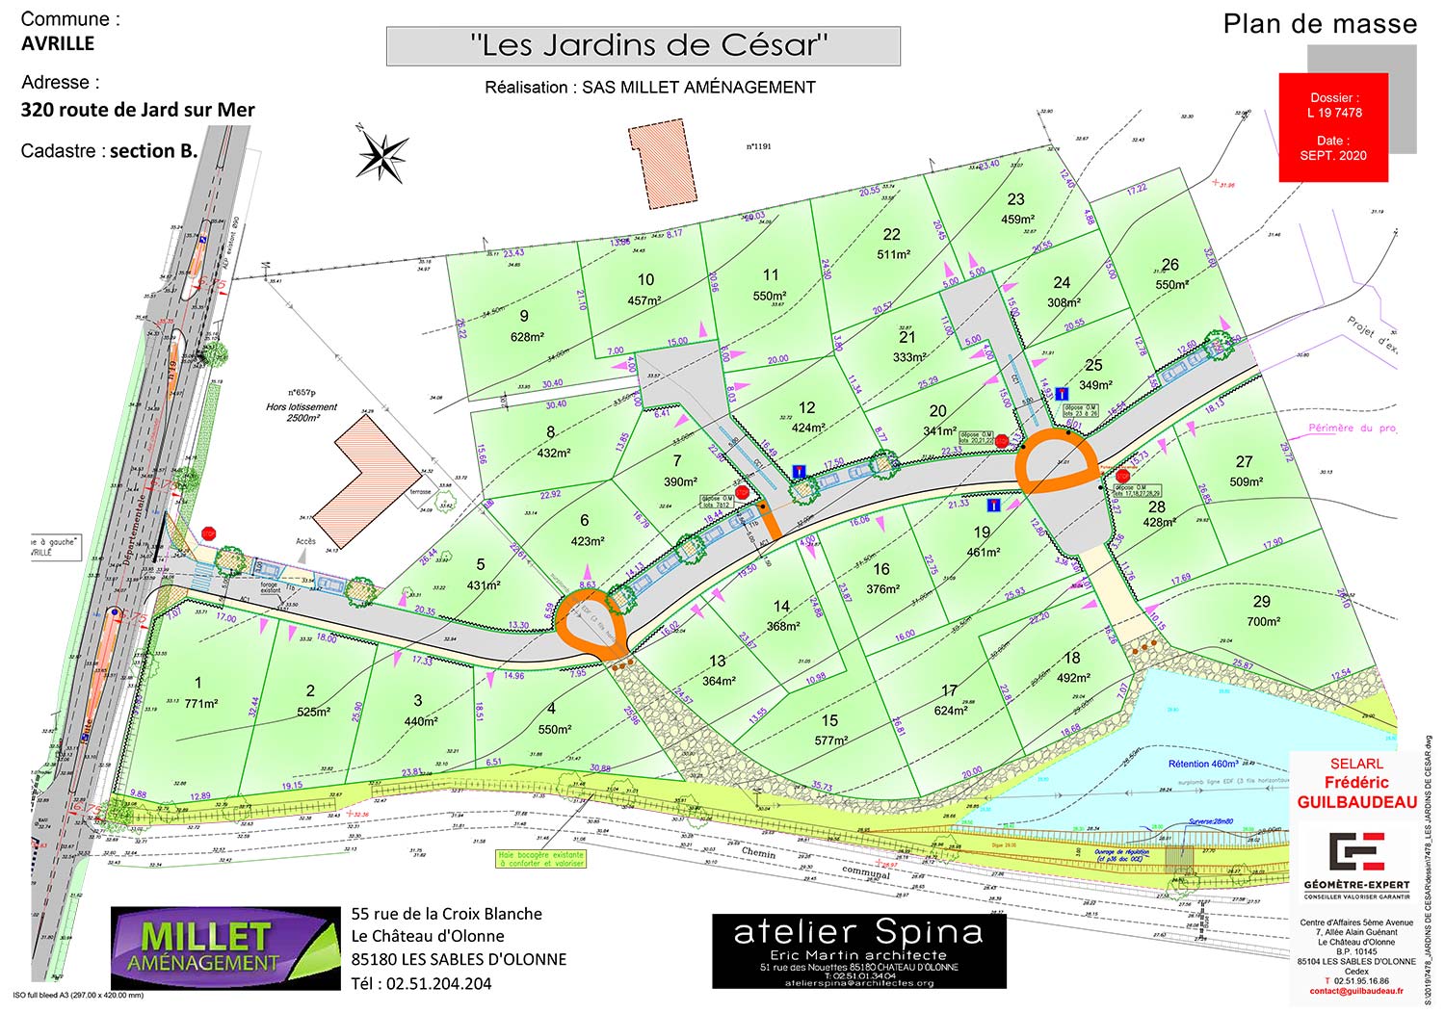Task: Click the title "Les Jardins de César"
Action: tap(643, 45)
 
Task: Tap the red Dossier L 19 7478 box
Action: tap(1333, 126)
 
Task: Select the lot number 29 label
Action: tap(1261, 601)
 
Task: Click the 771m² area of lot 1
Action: tap(201, 704)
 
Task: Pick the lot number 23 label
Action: tap(1015, 199)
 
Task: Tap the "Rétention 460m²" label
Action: tap(1203, 764)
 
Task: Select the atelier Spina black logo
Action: tap(858, 950)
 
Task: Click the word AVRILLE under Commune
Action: tap(58, 43)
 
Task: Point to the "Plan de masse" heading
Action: tap(1320, 24)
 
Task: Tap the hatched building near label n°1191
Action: tap(662, 164)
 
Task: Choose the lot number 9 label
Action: tap(524, 316)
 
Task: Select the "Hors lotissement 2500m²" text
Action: tap(302, 412)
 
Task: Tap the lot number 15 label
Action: tap(829, 720)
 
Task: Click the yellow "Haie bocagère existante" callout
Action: tap(541, 859)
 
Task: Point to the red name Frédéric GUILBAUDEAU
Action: tap(1356, 792)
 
